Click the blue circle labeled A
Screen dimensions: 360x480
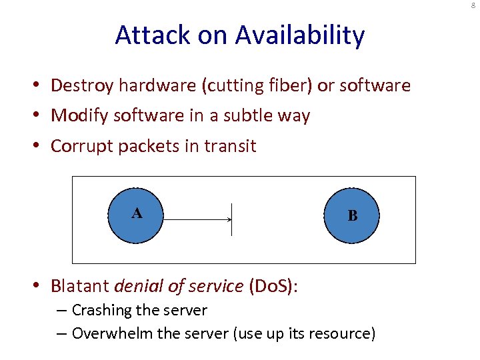[136, 215]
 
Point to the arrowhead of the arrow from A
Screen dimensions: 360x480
[229, 219]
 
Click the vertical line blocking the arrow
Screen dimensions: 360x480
[231, 219]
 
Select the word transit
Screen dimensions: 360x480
[232, 146]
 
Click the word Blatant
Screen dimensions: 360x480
[80, 287]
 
